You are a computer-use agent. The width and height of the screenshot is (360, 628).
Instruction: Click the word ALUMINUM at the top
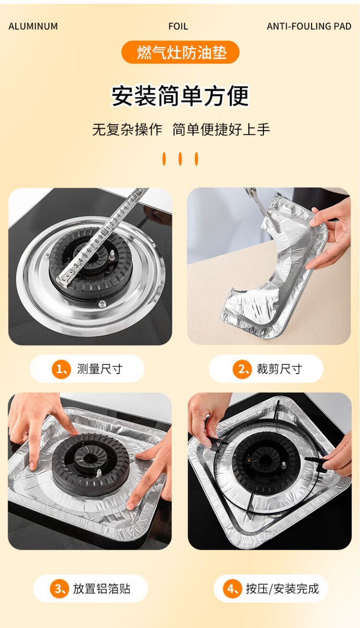(x=33, y=26)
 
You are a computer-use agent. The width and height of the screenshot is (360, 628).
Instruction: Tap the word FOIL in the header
(x=178, y=26)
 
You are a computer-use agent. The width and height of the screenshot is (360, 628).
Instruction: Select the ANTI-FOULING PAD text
(x=309, y=26)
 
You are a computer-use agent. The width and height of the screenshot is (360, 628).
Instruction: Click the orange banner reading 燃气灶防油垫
(x=180, y=52)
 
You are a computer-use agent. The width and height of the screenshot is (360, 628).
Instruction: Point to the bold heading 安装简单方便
(x=180, y=96)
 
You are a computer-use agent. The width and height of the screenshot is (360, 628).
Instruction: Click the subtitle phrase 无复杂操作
(x=127, y=130)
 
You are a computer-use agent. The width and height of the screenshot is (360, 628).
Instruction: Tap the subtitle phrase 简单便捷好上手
(x=221, y=130)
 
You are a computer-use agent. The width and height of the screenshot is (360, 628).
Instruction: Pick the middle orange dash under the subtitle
(x=180, y=159)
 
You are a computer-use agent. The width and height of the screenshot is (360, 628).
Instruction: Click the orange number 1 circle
(x=60, y=370)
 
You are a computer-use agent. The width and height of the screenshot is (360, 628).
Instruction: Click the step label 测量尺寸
(x=100, y=369)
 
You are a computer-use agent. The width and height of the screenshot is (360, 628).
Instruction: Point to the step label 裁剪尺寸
(x=279, y=369)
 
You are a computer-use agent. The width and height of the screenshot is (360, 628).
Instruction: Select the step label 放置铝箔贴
(x=102, y=589)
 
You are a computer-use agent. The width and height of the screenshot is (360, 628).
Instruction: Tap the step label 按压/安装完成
(x=282, y=589)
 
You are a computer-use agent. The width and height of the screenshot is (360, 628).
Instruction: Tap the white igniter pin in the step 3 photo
(x=99, y=473)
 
